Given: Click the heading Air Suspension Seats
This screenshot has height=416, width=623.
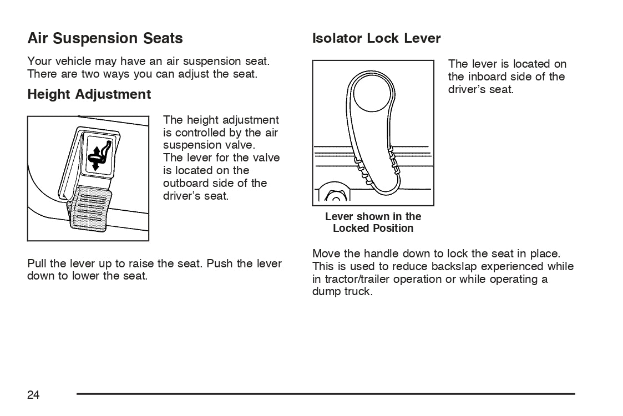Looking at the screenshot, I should pos(105,38).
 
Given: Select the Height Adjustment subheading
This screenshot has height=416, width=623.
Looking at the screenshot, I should pos(89,94).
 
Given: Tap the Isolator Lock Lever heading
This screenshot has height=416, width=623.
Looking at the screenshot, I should pos(376,38).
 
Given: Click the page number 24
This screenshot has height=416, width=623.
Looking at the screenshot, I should pos(33,394).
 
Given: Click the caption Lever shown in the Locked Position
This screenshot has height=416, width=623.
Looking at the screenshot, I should pos(373,222).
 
